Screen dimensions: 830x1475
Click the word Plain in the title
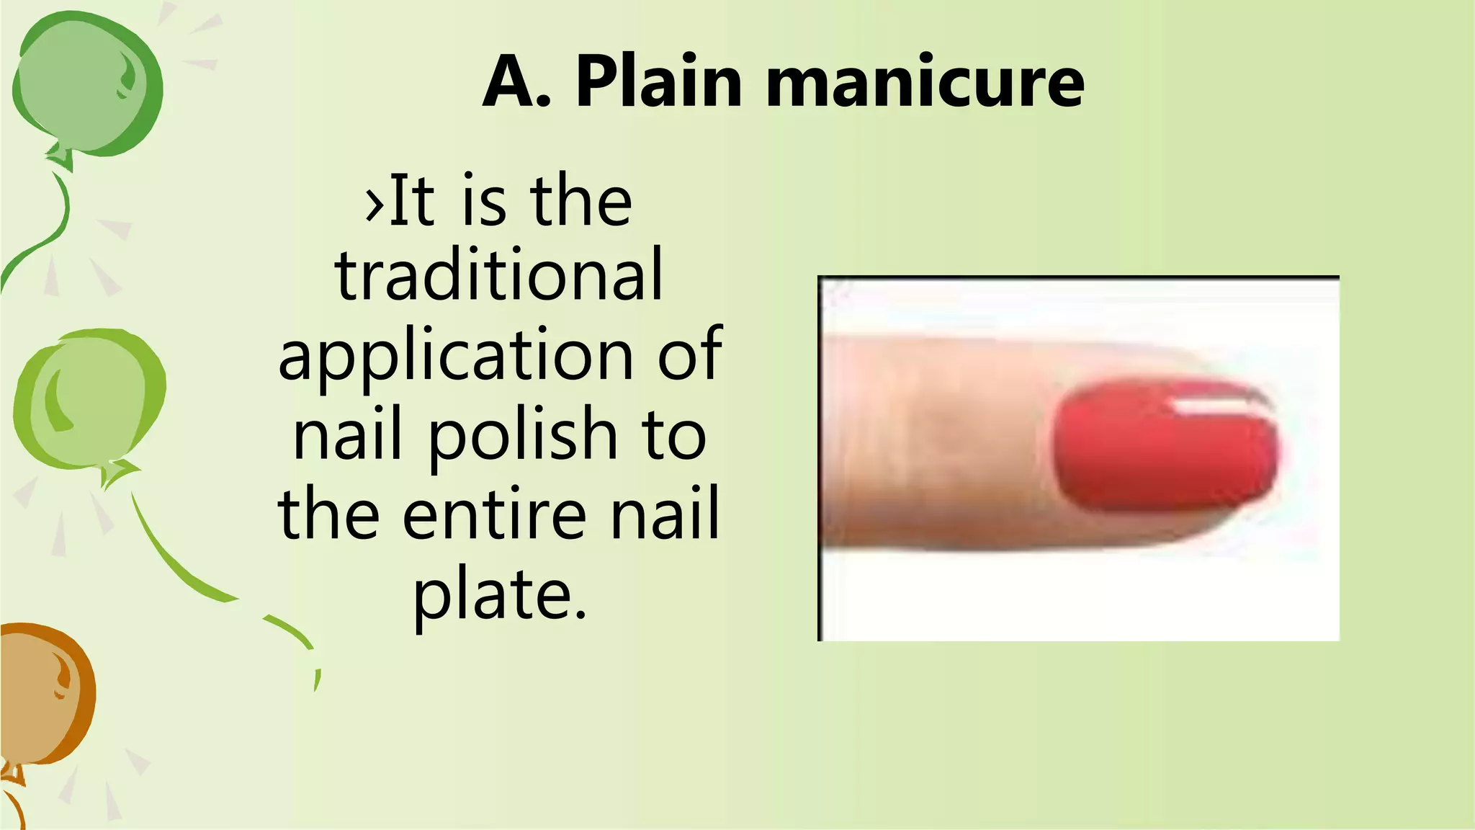coord(658,83)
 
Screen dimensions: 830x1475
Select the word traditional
coord(498,275)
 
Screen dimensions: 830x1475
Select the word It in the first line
coord(413,201)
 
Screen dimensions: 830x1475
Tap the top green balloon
coord(86,83)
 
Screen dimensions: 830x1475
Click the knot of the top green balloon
coord(61,156)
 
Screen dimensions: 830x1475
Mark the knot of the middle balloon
coord(115,472)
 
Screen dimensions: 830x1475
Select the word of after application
coord(690,354)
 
